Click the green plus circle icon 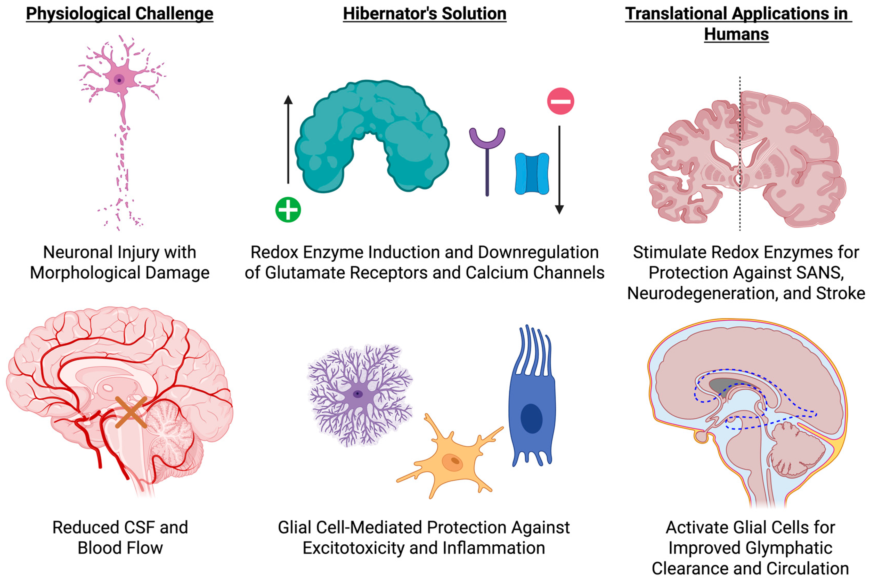click(x=288, y=210)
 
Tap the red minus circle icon click(x=560, y=101)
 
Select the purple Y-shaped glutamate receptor click(x=487, y=156)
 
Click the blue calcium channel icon click(x=532, y=173)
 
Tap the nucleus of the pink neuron click(x=119, y=80)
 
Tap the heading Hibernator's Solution click(x=425, y=14)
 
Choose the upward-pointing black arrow click(x=288, y=139)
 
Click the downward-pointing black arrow click(x=559, y=171)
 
